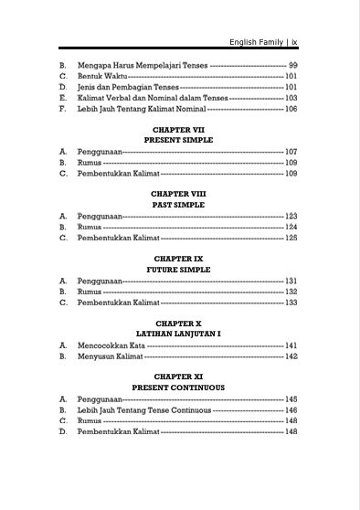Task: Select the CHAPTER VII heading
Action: [x=179, y=131]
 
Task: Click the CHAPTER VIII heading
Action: [x=179, y=195]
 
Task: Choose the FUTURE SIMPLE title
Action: [x=179, y=270]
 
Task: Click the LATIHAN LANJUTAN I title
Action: [x=179, y=335]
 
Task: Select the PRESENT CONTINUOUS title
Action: [x=179, y=388]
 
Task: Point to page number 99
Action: [x=292, y=66]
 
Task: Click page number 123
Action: [x=291, y=217]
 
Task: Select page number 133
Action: [x=291, y=303]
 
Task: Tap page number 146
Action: [x=291, y=410]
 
